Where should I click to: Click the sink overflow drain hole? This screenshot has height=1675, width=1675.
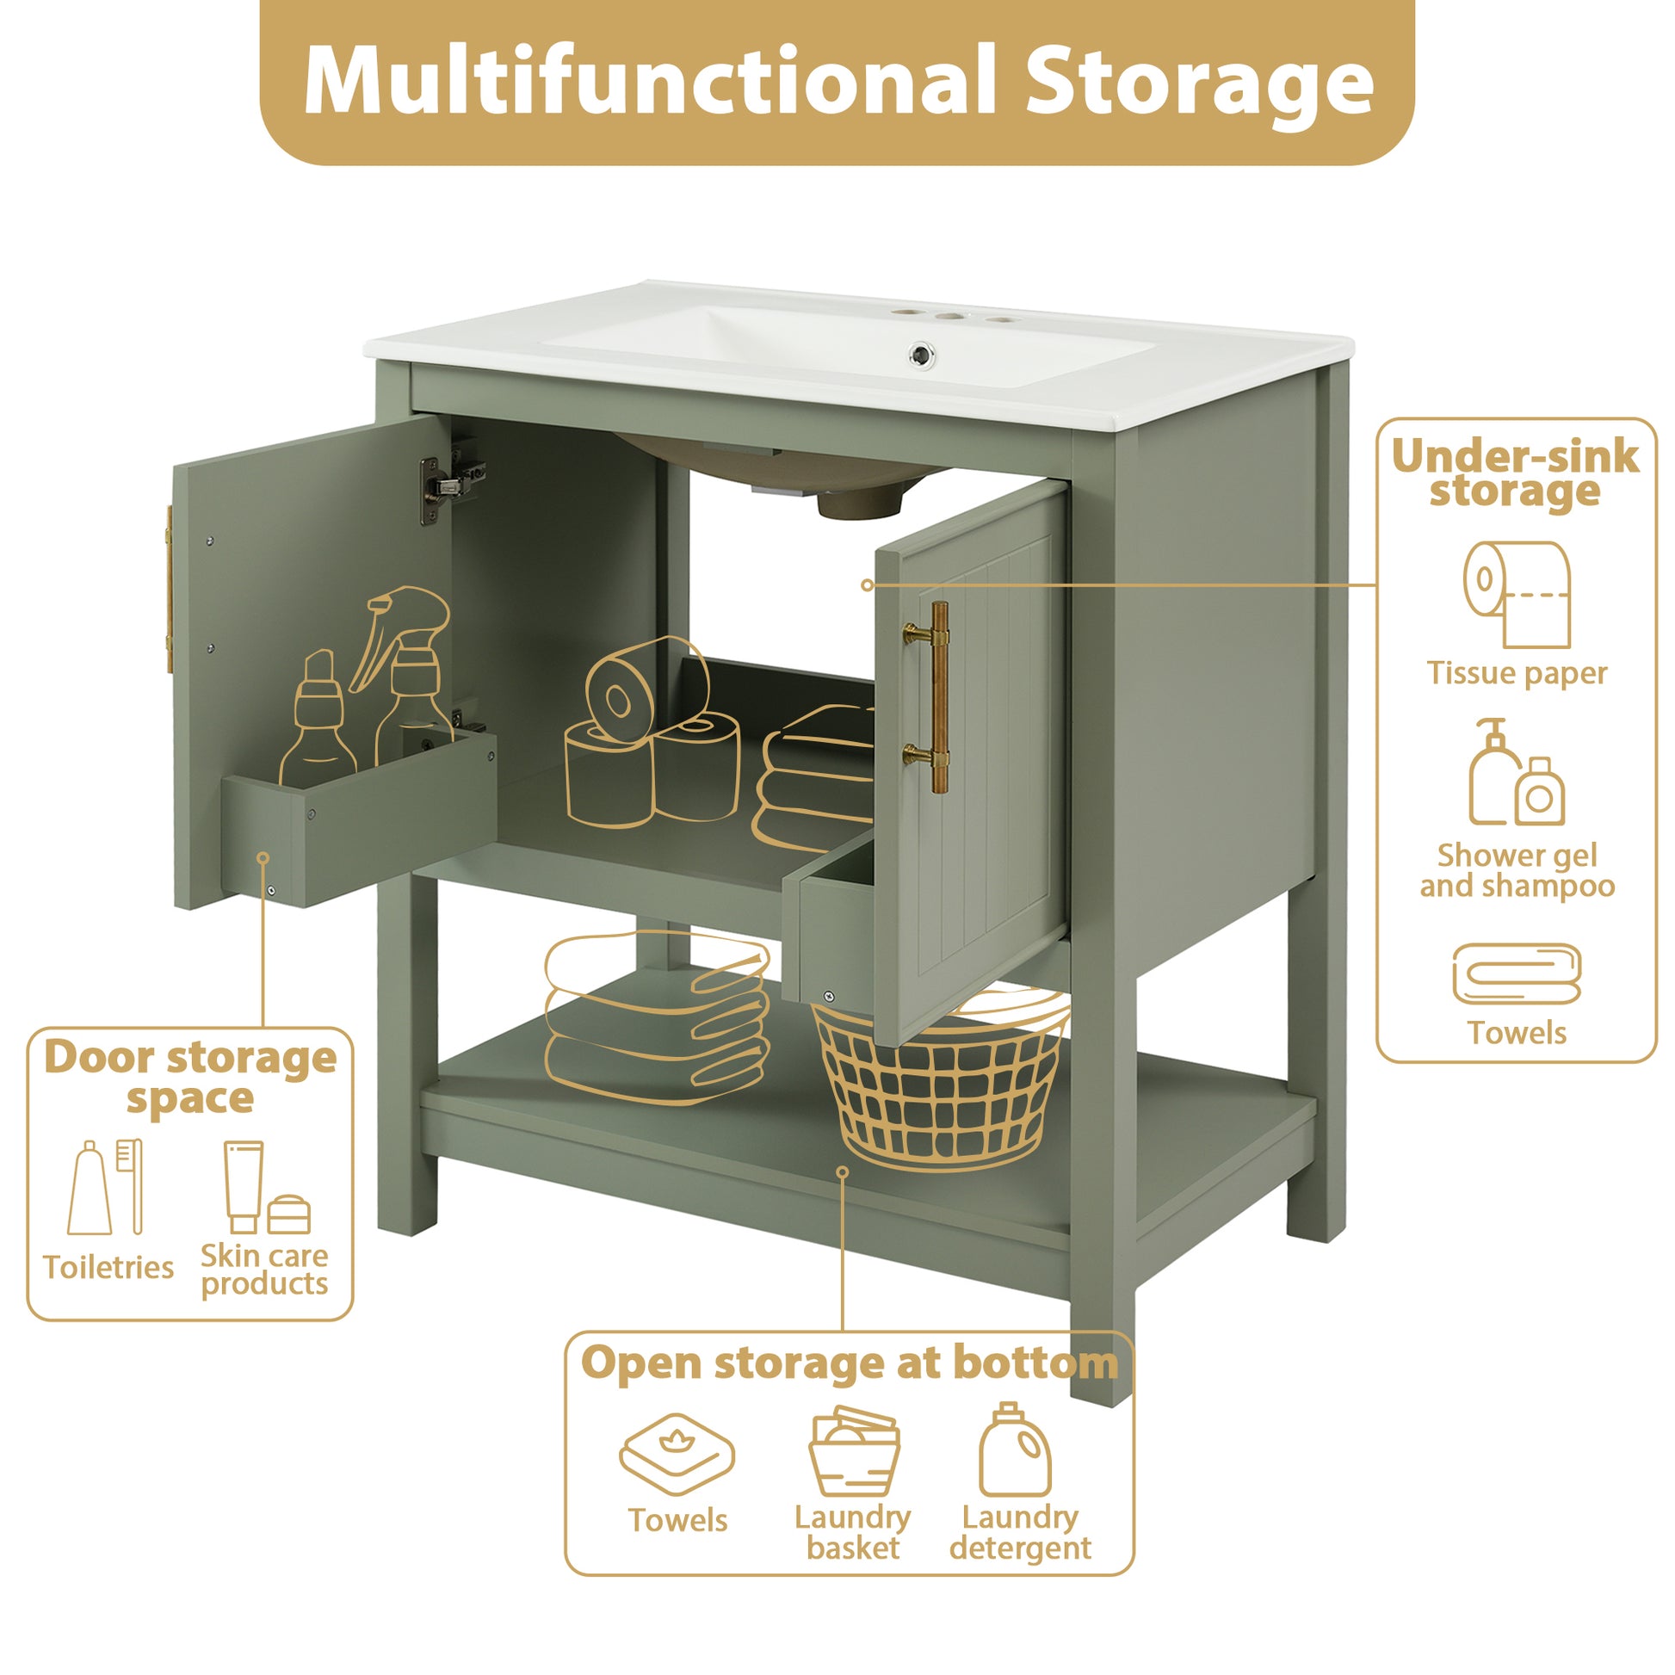click(x=919, y=354)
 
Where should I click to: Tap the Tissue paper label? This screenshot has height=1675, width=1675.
click(x=1517, y=674)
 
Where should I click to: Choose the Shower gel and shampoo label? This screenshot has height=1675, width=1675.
click(x=1517, y=870)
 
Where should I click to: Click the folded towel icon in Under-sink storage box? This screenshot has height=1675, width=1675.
click(x=1517, y=974)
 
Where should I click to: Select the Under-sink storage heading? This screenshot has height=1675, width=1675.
click(x=1516, y=473)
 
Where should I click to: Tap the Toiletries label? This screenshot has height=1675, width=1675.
click(x=108, y=1268)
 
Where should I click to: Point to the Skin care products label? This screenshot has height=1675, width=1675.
click(x=264, y=1270)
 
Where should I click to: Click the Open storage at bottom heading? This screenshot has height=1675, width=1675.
click(x=849, y=1363)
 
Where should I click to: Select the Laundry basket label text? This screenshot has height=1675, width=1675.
click(x=852, y=1532)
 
